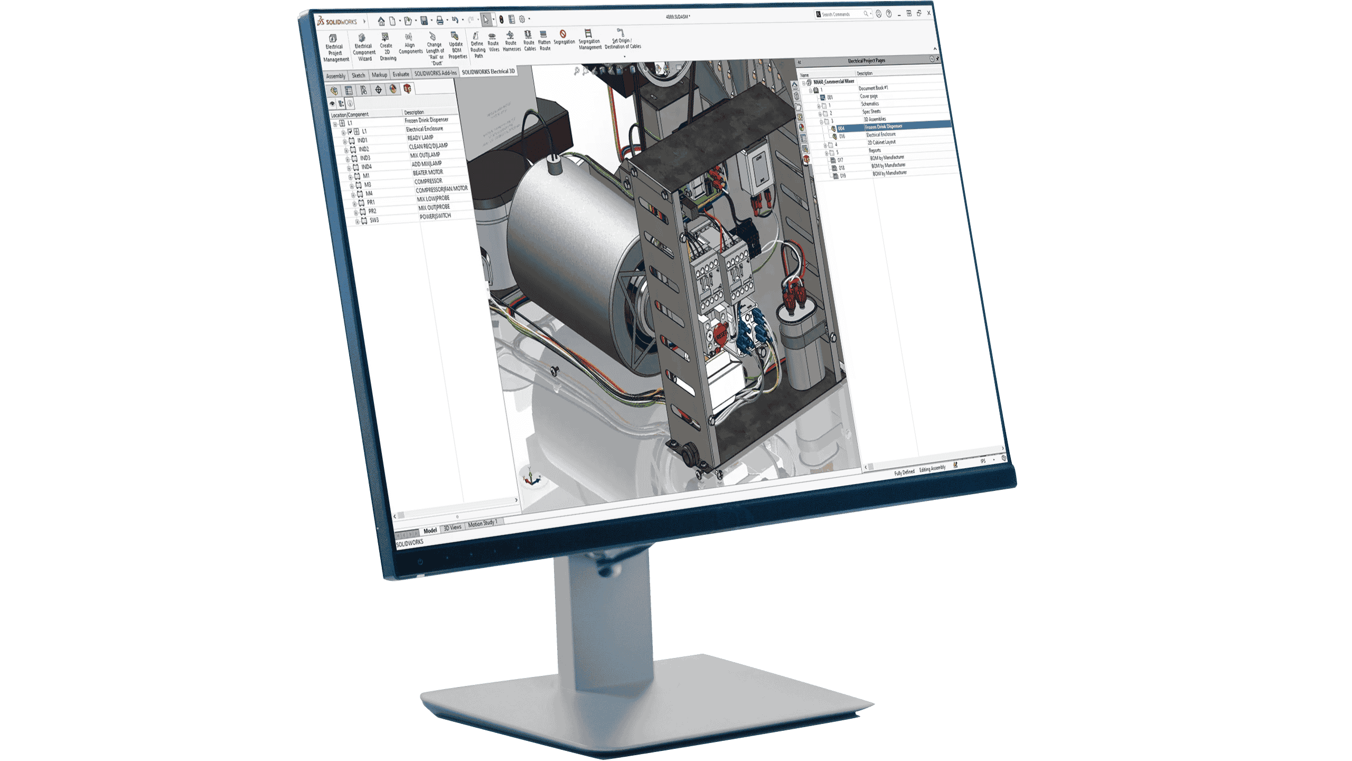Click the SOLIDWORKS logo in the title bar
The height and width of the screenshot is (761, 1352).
tap(337, 22)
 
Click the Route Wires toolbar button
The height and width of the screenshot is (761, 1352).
tap(493, 42)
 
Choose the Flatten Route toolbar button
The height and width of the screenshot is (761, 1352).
tap(544, 41)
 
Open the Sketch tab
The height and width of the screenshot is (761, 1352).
tap(358, 76)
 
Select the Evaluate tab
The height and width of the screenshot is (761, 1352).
tap(400, 75)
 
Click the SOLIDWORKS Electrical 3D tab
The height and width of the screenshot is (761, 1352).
tap(487, 71)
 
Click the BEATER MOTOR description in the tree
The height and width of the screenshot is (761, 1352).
tap(427, 173)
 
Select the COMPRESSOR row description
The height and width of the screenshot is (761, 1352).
tap(428, 181)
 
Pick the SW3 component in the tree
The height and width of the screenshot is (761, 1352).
tap(374, 220)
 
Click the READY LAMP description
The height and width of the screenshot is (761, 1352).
tap(420, 138)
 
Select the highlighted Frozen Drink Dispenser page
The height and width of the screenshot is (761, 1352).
tap(884, 127)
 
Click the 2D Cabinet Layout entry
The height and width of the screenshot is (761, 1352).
tap(881, 143)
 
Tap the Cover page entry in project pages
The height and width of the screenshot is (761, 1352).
tap(868, 97)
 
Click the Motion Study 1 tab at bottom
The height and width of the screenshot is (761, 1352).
tap(482, 524)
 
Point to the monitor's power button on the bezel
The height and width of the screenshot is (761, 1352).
tap(420, 562)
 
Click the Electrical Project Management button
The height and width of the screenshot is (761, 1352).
tap(334, 48)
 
